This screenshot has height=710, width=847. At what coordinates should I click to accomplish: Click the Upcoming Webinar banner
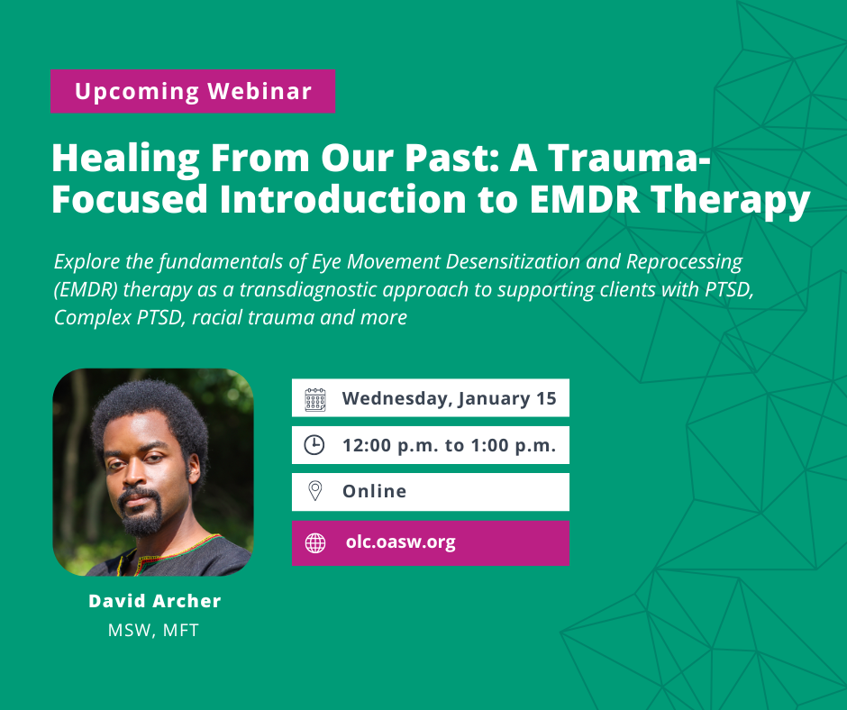click(x=193, y=91)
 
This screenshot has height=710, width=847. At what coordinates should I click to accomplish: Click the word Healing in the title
click(x=126, y=159)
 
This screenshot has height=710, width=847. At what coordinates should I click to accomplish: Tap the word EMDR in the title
click(x=585, y=199)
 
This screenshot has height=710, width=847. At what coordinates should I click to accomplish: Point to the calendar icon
click(x=315, y=399)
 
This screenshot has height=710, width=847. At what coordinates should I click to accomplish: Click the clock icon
click(x=314, y=445)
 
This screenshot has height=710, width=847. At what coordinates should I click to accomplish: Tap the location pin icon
click(x=315, y=491)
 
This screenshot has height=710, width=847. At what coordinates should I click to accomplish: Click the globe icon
click(x=315, y=543)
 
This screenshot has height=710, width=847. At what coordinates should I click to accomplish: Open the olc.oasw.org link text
click(x=401, y=542)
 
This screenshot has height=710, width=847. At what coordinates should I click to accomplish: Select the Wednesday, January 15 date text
click(x=449, y=399)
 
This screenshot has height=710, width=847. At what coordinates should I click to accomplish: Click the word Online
click(x=374, y=491)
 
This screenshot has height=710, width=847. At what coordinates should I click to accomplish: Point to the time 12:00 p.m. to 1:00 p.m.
click(x=449, y=446)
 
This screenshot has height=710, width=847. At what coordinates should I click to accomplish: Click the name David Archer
click(x=154, y=601)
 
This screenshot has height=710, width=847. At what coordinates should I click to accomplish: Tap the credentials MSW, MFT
click(x=153, y=630)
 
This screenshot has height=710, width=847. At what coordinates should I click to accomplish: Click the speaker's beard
click(x=141, y=514)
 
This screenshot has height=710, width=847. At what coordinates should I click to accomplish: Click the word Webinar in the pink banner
click(x=260, y=91)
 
